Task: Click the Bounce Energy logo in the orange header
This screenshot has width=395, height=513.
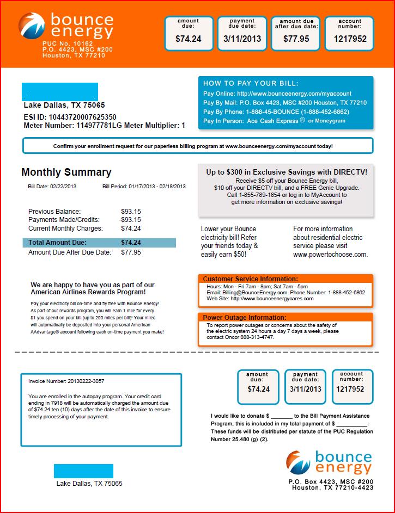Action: click(x=66, y=28)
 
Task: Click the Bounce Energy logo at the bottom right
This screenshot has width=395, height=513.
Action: click(x=330, y=462)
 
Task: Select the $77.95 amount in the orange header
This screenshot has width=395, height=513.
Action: click(x=296, y=39)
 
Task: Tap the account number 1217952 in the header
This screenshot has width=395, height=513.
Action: click(x=349, y=39)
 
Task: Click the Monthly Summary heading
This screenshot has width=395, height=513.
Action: click(x=66, y=172)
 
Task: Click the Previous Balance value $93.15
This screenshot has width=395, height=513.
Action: click(x=131, y=211)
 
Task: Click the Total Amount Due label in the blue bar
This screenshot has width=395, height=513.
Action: click(x=57, y=243)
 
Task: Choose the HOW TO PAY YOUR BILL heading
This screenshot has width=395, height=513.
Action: click(x=251, y=83)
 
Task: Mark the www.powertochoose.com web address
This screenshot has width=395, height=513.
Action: click(x=330, y=254)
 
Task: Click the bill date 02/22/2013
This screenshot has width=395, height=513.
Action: click(x=64, y=187)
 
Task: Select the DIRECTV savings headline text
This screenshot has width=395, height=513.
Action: click(x=287, y=172)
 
